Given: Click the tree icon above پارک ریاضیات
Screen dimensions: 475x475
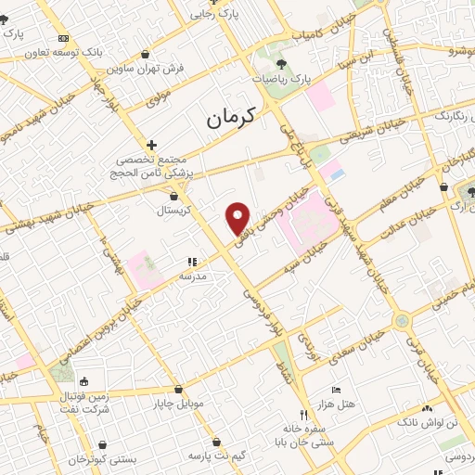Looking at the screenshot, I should click(x=281, y=64).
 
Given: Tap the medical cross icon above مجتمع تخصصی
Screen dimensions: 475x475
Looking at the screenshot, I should click(x=151, y=146).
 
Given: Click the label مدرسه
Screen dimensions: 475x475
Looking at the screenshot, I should click(x=193, y=276).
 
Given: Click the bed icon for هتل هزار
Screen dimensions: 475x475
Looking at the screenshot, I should click(x=336, y=391).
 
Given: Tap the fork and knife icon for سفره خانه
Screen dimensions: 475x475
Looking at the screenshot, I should click(x=302, y=414).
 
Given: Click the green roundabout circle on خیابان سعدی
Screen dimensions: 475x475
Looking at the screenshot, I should click(x=402, y=321).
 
